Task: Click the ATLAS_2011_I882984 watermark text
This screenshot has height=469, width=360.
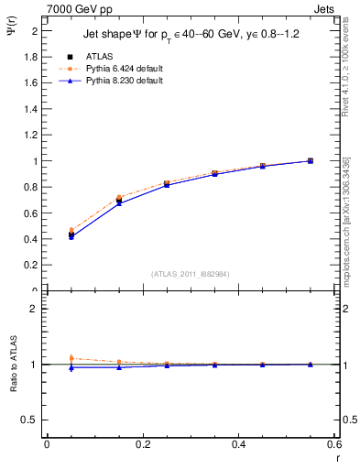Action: tap(191, 274)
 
